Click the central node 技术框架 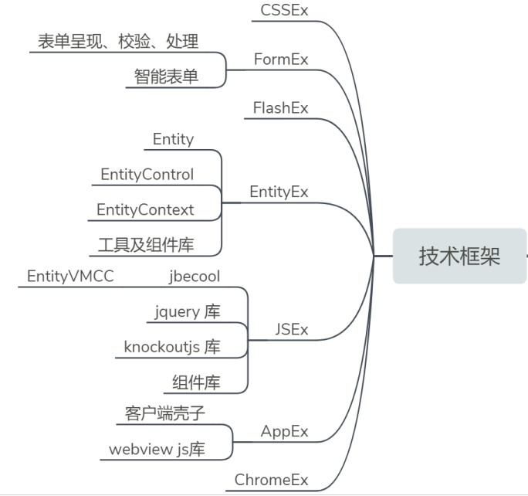click(459, 256)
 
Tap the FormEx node click(281, 59)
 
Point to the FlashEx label click(280, 108)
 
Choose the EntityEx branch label click(279, 192)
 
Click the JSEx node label click(291, 329)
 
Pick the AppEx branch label click(284, 430)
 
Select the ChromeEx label click(271, 480)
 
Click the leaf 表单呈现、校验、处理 click(118, 41)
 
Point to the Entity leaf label click(173, 139)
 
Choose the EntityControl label click(147, 175)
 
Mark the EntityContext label click(145, 209)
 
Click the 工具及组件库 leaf click(146, 245)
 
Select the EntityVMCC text click(70, 277)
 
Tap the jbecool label click(195, 277)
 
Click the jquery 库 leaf click(187, 312)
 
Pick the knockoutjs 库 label click(172, 347)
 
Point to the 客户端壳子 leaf click(164, 413)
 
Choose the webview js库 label click(157, 449)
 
